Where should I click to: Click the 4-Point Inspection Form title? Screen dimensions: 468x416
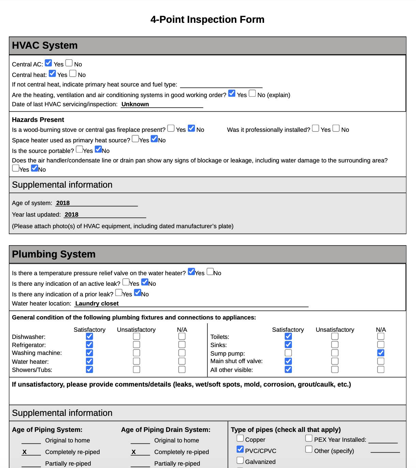[x=207, y=19]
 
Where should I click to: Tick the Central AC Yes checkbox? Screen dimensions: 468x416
[x=48, y=63]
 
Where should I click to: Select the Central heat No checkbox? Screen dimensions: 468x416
[x=73, y=74]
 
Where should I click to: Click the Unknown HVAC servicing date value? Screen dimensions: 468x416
[x=135, y=104]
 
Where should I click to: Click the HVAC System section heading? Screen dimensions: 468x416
[x=45, y=45]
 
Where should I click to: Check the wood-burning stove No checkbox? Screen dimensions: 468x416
[x=191, y=128]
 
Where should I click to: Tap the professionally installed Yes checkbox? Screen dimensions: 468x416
[x=316, y=128]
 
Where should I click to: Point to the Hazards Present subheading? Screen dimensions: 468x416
[x=38, y=120]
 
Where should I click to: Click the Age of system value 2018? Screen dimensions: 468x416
[x=63, y=203]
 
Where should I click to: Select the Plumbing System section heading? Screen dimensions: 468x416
[x=54, y=254]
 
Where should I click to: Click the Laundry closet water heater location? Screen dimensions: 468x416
[x=97, y=303]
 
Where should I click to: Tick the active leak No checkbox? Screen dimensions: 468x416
[x=145, y=282]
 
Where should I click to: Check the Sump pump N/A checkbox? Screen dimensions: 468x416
[x=381, y=353]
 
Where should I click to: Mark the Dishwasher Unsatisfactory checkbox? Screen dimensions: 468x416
[x=136, y=336]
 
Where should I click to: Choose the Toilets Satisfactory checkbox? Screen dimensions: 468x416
[x=288, y=336]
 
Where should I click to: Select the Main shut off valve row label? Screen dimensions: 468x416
[x=236, y=361]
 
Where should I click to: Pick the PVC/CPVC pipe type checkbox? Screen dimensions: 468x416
[x=240, y=450]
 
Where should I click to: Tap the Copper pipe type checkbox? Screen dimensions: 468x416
[x=240, y=438]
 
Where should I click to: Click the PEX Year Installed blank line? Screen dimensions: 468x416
[x=383, y=440]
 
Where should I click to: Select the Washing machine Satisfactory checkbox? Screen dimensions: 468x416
[x=89, y=353]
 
